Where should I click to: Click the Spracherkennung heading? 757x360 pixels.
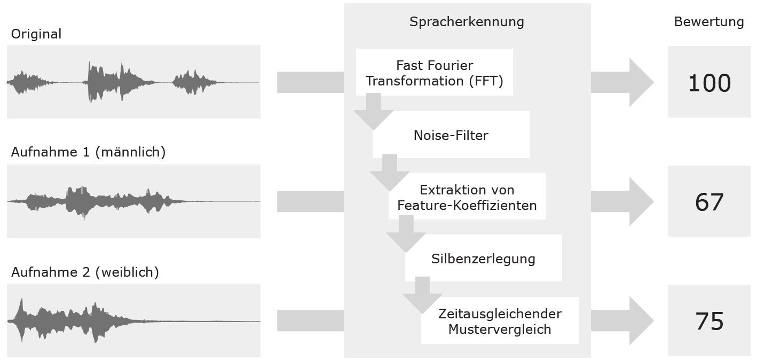click(467, 22)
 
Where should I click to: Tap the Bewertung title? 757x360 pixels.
click(708, 22)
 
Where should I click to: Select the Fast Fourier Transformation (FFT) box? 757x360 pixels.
click(434, 73)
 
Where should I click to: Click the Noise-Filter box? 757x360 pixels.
click(451, 135)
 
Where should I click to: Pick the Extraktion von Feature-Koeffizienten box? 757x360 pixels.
click(467, 197)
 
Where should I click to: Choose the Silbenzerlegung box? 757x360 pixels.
click(483, 259)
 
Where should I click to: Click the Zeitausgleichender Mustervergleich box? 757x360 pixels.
click(500, 321)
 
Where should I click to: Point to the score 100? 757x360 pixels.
click(708, 83)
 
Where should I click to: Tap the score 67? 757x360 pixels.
click(708, 202)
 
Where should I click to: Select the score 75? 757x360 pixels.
click(708, 322)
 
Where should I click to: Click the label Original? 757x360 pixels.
click(36, 34)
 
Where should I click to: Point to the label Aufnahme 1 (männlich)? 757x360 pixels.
click(88, 152)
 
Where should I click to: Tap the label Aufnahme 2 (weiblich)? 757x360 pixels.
click(85, 272)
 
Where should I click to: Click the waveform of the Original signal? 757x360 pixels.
click(133, 82)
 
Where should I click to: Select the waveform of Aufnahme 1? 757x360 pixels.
click(133, 201)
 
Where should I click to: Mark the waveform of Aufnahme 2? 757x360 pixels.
click(133, 320)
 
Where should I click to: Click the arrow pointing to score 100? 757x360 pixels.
click(622, 82)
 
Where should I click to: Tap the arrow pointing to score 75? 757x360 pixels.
click(622, 320)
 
